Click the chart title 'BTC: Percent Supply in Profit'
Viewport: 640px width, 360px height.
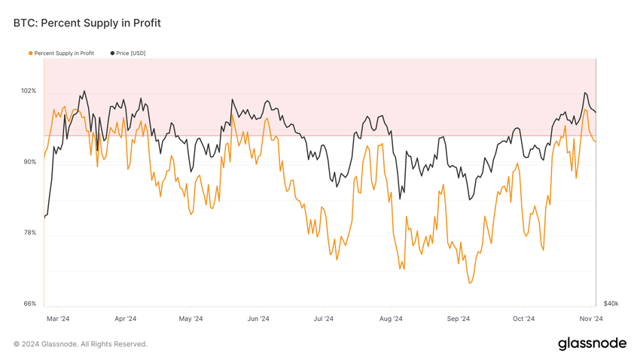click(x=87, y=23)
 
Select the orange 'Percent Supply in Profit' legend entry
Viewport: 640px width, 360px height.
click(x=63, y=53)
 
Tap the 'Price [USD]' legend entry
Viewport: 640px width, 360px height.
click(x=130, y=53)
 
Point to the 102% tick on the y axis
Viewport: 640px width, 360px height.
click(x=28, y=91)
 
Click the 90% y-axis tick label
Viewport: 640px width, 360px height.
click(x=28, y=162)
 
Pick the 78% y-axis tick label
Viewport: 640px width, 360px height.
click(x=28, y=233)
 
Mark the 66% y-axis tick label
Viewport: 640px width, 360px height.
click(x=28, y=304)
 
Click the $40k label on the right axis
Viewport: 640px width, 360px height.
click(x=610, y=304)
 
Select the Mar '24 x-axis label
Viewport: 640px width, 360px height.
click(x=57, y=319)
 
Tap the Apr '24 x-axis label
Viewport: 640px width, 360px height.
click(x=125, y=319)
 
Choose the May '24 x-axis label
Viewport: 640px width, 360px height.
click(x=190, y=319)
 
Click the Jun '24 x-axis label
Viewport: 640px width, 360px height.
click(x=258, y=319)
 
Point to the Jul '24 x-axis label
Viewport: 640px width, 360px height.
click(x=324, y=319)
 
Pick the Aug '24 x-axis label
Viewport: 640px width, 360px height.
click(x=391, y=319)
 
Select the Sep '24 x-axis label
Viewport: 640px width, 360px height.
click(x=459, y=319)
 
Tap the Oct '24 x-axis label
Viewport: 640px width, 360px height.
click(x=524, y=319)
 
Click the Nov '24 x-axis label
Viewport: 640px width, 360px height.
click(x=592, y=319)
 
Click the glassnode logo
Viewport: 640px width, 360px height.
click(x=592, y=343)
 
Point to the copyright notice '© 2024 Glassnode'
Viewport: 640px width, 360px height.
click(x=80, y=344)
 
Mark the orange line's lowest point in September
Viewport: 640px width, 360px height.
click(x=470, y=283)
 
